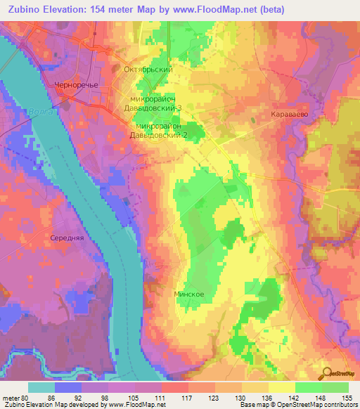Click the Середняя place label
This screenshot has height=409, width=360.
[x=67, y=238]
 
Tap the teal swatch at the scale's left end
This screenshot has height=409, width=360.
[x=41, y=387]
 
